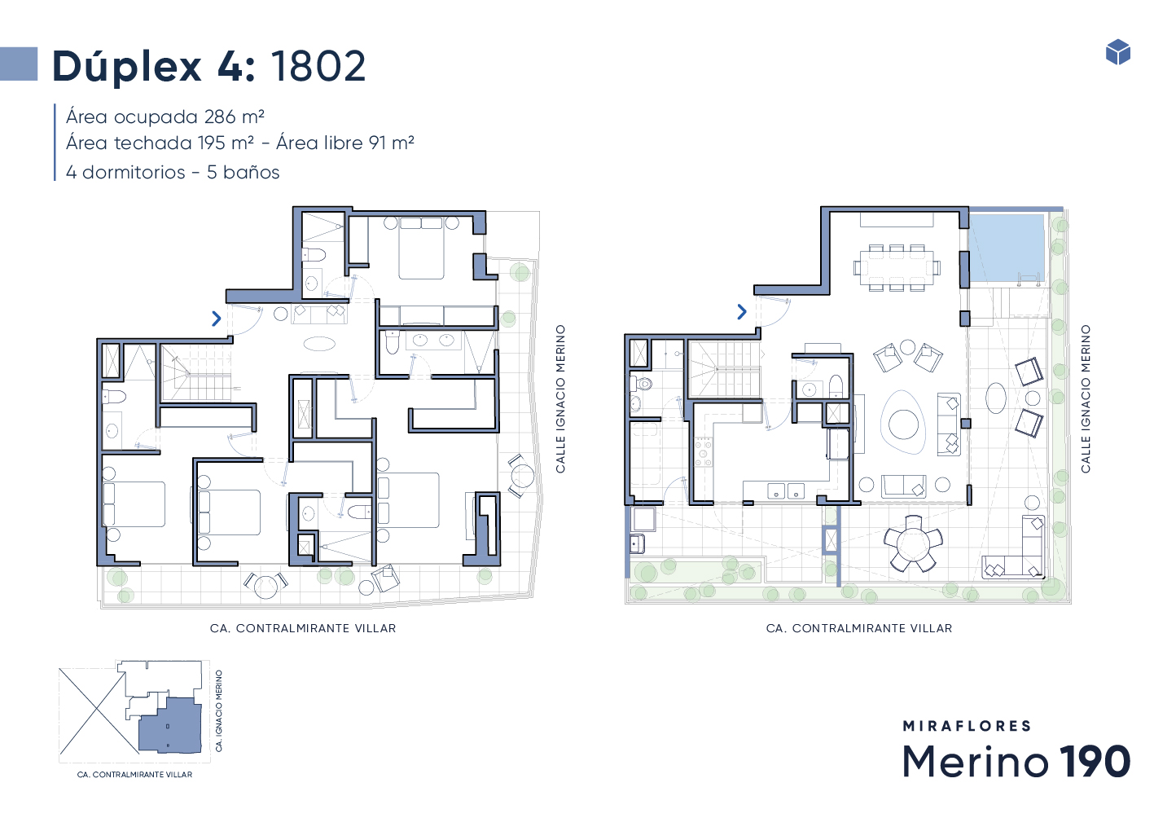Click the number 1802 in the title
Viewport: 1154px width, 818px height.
[318, 66]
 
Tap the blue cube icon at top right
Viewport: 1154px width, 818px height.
[1118, 51]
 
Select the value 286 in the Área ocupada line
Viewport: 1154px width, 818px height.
[220, 117]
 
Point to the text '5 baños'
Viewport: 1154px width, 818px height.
[244, 172]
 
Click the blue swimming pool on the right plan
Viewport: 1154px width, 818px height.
[1006, 248]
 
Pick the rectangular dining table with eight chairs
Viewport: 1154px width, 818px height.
[897, 268]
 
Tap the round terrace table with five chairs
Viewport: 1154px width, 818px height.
[913, 543]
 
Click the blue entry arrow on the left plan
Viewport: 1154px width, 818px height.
[217, 319]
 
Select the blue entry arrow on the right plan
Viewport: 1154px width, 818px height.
[742, 311]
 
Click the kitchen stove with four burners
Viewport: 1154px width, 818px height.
[703, 452]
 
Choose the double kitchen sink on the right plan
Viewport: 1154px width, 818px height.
[786, 490]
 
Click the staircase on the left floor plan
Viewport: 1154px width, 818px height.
[195, 372]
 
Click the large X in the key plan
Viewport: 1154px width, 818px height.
[93, 712]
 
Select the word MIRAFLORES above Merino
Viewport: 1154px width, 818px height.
[967, 726]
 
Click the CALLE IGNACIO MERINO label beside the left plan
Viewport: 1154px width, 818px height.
[560, 398]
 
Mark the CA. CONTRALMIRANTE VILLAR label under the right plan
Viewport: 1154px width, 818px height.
[859, 628]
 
